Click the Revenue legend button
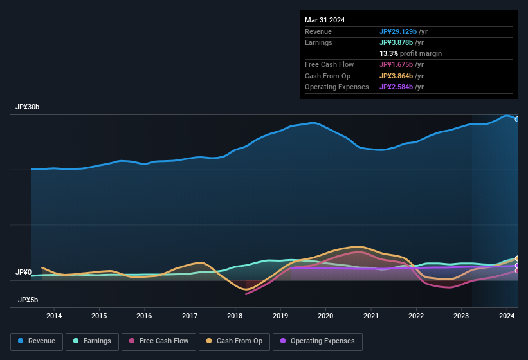click(37, 341)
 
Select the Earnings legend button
click(92, 341)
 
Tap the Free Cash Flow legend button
click(160, 341)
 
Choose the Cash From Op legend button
click(235, 341)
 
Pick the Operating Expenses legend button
click(318, 341)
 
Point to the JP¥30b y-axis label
click(28, 107)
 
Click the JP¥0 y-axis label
click(23, 273)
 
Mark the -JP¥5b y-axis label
click(26, 300)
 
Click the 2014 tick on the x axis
click(54, 316)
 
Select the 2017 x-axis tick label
click(190, 316)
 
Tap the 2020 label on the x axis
click(325, 316)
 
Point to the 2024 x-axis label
click(506, 316)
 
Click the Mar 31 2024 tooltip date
click(325, 20)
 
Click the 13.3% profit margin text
click(410, 53)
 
